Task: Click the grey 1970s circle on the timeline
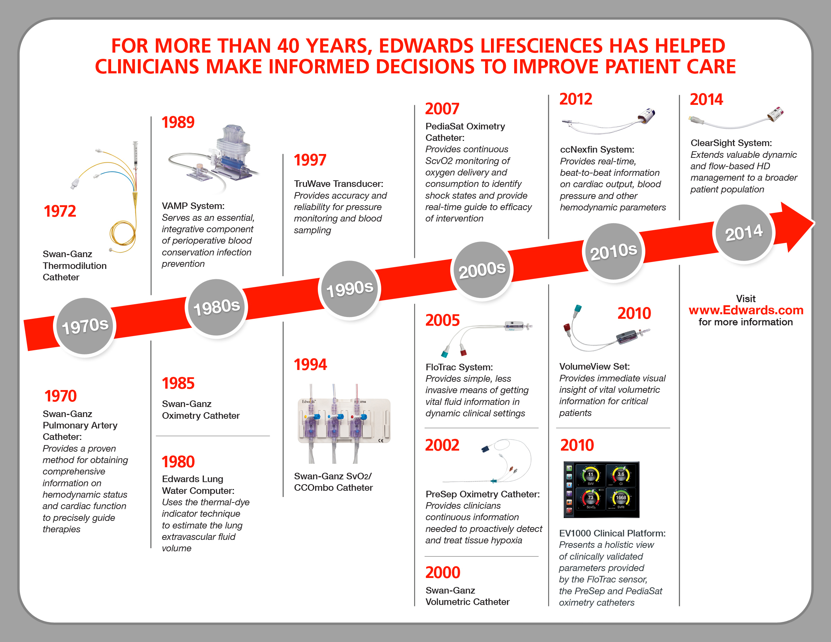(84, 326)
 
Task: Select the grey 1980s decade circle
(216, 307)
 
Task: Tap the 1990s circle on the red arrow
(349, 289)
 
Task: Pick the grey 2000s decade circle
(482, 270)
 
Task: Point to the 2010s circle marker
(613, 251)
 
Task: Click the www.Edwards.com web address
(746, 310)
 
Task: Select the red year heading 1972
(60, 211)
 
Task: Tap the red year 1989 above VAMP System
(178, 123)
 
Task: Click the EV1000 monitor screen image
(601, 490)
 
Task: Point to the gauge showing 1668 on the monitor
(620, 498)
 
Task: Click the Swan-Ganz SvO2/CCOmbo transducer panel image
(343, 422)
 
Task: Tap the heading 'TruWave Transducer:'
(338, 184)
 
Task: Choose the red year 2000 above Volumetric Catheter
(443, 573)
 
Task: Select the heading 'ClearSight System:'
(731, 143)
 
